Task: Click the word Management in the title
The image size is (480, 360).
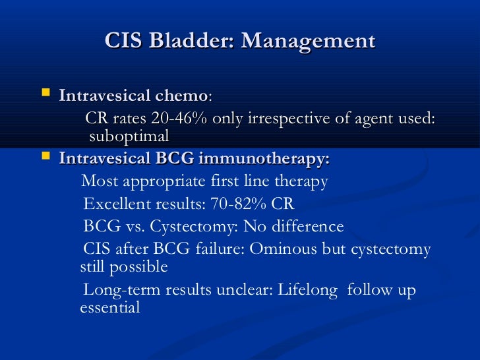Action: [x=308, y=41]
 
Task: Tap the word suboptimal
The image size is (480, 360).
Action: [x=129, y=136]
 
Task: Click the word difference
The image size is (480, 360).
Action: [x=305, y=227]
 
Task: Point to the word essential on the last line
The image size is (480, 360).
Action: [x=110, y=308]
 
